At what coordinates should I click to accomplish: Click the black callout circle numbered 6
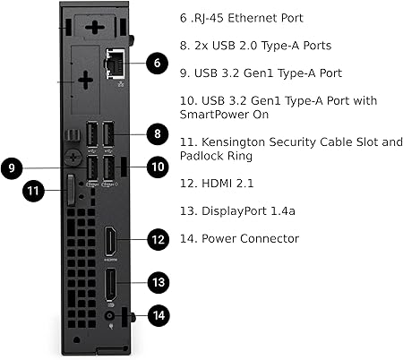click(x=157, y=63)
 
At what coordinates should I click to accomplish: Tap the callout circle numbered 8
click(x=158, y=134)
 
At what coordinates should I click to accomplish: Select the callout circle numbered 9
click(x=12, y=167)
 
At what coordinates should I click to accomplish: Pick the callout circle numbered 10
click(x=158, y=167)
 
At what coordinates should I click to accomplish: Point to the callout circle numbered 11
click(x=33, y=191)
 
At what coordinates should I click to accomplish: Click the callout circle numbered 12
click(x=159, y=239)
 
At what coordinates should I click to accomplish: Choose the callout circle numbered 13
click(x=159, y=282)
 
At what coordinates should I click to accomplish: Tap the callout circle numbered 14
click(x=159, y=315)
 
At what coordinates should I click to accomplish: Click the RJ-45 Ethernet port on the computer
click(x=116, y=64)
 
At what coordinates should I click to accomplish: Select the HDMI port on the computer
click(x=110, y=241)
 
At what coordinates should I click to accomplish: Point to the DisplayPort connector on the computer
click(x=110, y=285)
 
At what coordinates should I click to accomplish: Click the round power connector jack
click(x=110, y=316)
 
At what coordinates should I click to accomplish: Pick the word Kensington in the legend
click(x=234, y=142)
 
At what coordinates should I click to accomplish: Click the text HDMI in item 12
click(x=217, y=183)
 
